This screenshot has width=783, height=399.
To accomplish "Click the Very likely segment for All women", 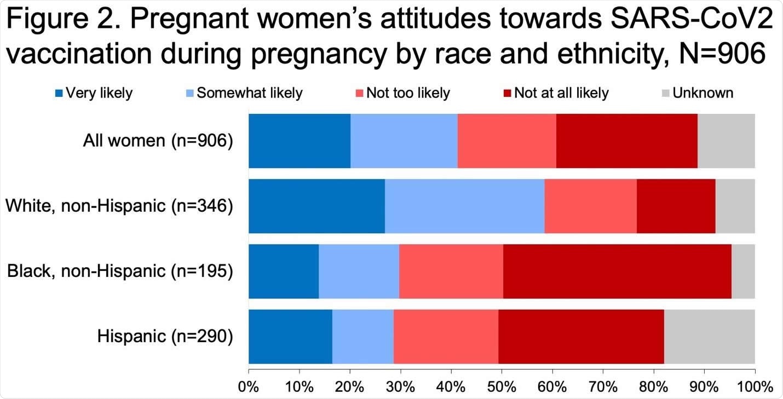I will coord(300,141).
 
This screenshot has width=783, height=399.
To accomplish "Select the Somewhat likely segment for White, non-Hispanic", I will coord(464,206).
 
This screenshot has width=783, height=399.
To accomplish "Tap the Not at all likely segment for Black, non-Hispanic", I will coord(617,271).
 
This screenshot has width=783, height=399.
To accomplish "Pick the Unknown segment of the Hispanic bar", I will coord(709,336).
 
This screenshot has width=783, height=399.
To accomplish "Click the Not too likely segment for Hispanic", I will coord(446,336).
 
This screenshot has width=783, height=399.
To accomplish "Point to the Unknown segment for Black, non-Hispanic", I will coord(743,271).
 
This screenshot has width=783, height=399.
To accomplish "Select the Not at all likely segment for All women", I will coord(627,141).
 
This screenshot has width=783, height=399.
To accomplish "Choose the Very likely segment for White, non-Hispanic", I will coord(316,206).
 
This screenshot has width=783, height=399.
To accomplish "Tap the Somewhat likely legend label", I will coord(249,93).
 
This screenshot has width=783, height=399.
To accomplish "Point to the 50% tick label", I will coord(502,386).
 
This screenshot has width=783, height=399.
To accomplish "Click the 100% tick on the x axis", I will coord(755,386).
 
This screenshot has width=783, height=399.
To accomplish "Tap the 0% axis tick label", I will coord(249,386).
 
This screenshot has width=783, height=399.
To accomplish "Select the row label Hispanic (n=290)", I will coord(165,337).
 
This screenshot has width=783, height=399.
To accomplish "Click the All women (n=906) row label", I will coord(158,141).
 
